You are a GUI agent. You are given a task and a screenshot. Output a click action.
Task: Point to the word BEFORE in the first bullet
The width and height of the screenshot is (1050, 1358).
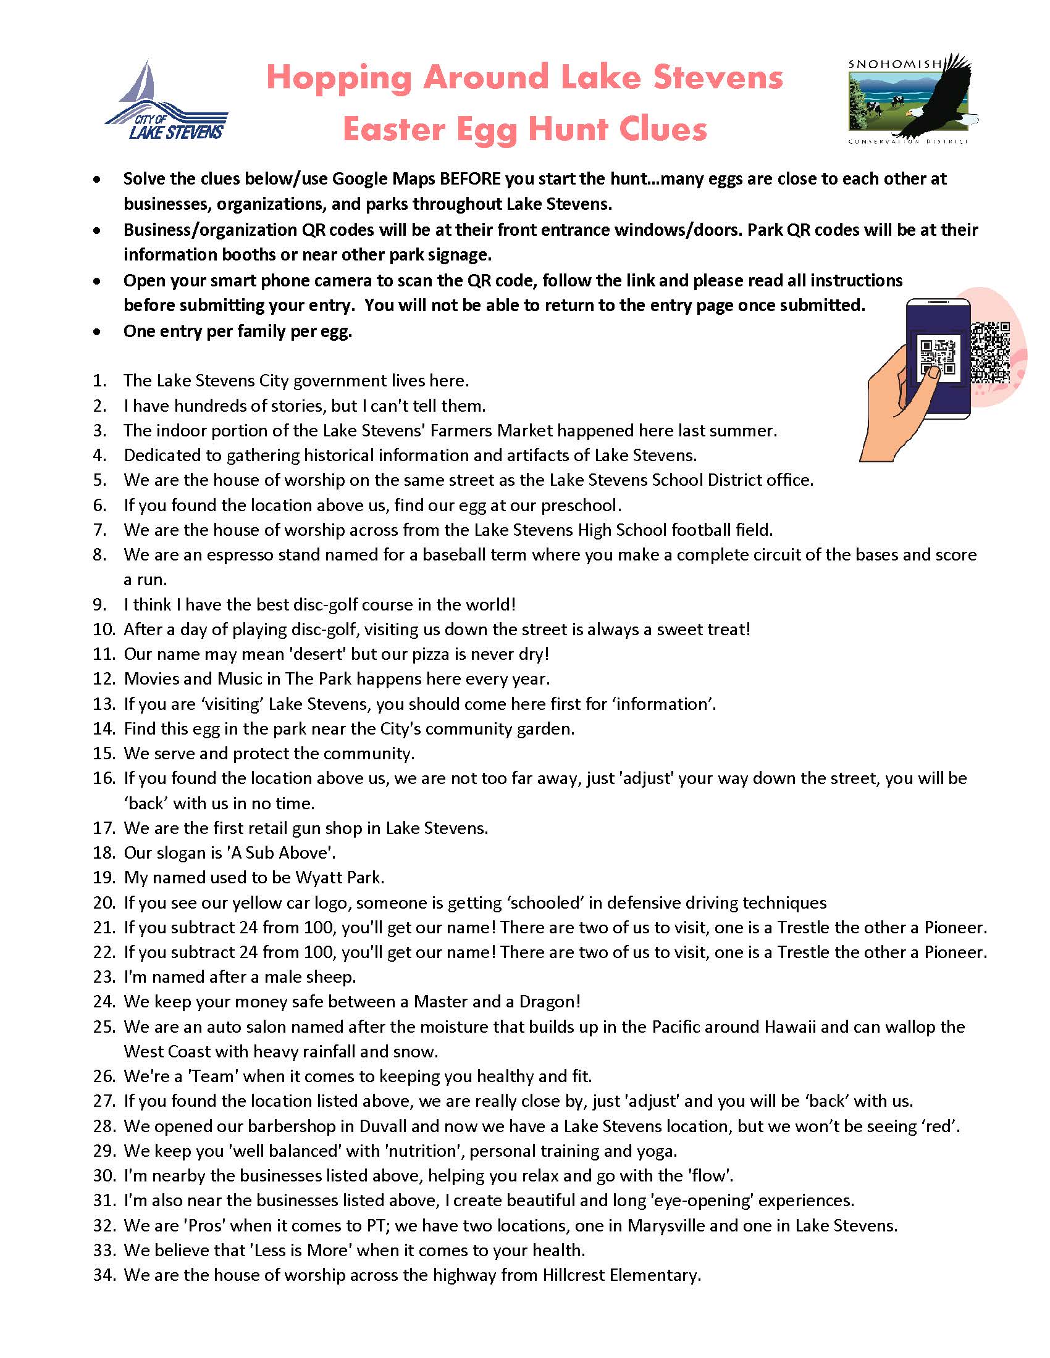tap(469, 179)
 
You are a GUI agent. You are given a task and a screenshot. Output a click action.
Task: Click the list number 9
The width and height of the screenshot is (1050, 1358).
tap(100, 604)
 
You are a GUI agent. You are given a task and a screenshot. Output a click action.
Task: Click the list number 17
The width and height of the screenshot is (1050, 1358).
tap(104, 828)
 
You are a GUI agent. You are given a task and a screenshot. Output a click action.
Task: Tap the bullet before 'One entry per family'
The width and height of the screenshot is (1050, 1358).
tap(96, 332)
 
